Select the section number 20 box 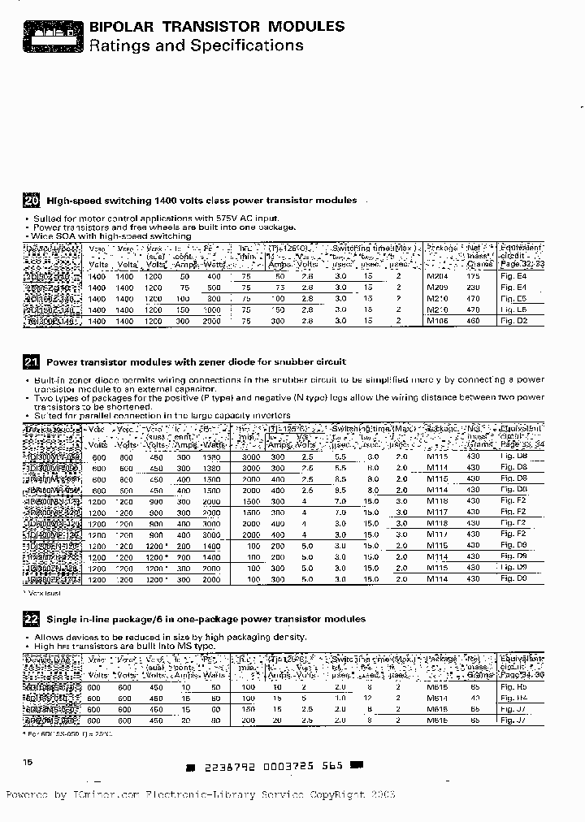(32, 201)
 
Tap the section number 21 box (32, 362)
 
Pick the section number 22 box (32, 619)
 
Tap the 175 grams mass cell (474, 276)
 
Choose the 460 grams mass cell (474, 320)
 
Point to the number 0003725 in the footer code (280, 765)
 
